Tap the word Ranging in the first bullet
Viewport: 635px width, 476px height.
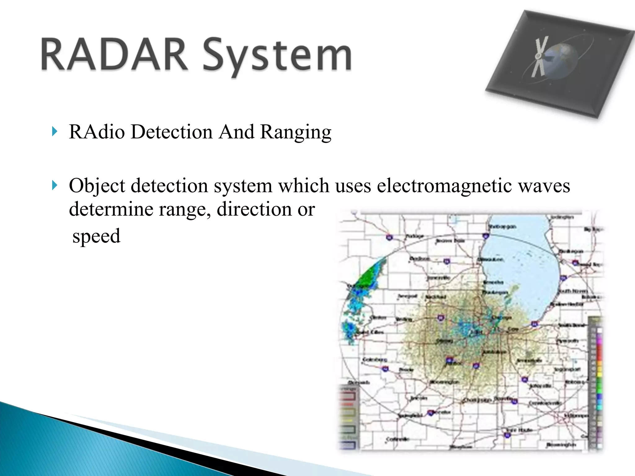coord(295,132)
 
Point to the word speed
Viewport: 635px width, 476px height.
coord(96,236)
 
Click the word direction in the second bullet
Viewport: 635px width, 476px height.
coord(254,209)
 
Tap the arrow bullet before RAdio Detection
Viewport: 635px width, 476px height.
coord(55,132)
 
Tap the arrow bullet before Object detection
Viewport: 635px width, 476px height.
coord(55,186)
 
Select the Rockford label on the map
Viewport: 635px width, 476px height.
coord(435,297)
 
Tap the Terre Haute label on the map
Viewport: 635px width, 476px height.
coord(519,430)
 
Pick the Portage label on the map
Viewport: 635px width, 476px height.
coord(415,236)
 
